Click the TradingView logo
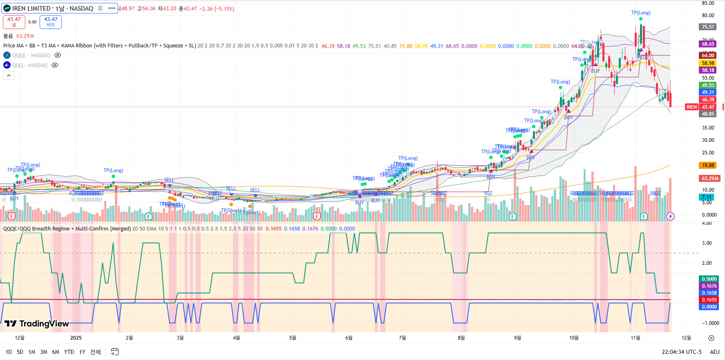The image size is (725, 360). (x=37, y=324)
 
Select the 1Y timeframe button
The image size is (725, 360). (x=82, y=352)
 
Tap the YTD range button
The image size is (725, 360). (x=69, y=352)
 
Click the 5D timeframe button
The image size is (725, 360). (x=20, y=352)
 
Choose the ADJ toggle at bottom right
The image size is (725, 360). (x=714, y=352)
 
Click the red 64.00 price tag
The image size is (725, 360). (x=708, y=56)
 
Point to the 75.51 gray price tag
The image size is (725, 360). (x=708, y=27)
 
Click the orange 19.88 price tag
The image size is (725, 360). (x=708, y=165)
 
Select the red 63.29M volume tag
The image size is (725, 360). (x=710, y=179)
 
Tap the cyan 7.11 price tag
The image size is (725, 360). (x=707, y=197)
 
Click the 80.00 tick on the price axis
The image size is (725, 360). (x=708, y=16)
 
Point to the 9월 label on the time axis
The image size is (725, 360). (x=517, y=338)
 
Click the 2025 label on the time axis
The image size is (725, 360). (x=76, y=338)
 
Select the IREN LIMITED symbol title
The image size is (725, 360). (x=52, y=8)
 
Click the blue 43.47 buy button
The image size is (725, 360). (x=51, y=22)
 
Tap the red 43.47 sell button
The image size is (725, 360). (x=14, y=22)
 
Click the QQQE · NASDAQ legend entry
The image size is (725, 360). (x=31, y=56)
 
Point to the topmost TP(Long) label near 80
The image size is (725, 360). (x=640, y=13)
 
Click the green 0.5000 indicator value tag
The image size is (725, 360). (x=709, y=279)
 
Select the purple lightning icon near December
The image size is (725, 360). (x=670, y=216)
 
